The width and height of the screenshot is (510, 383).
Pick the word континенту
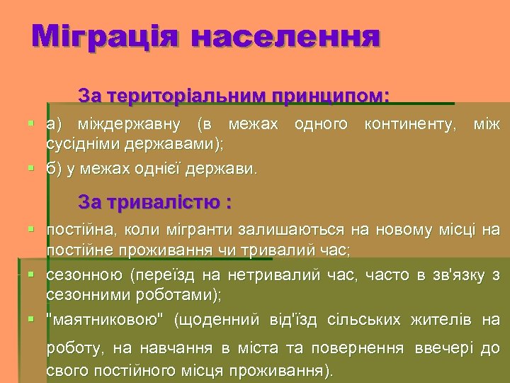point(409,125)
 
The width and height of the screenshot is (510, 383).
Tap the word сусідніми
point(83,144)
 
